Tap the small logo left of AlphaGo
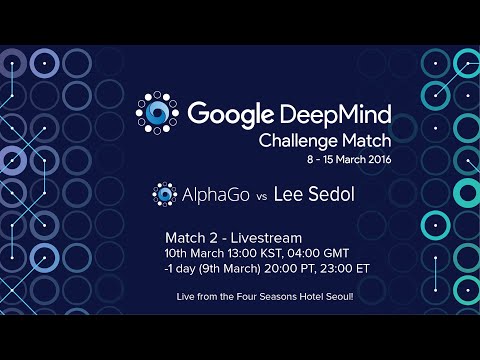[x=163, y=195]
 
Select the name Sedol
[x=327, y=195]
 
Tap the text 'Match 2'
[x=188, y=237]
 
